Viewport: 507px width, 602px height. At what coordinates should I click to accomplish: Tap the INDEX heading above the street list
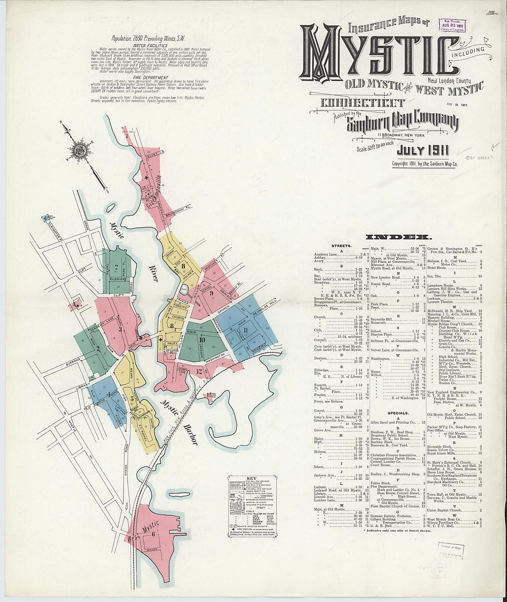[398, 237]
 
